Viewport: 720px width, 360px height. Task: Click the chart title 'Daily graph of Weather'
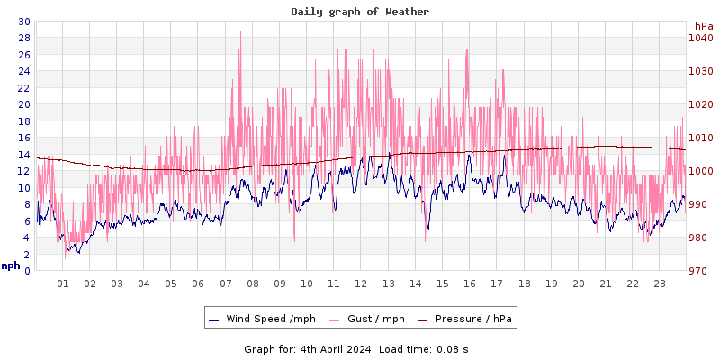coord(360,12)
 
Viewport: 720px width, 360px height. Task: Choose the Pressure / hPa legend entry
coord(472,319)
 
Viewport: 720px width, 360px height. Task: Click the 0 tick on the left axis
coord(26,271)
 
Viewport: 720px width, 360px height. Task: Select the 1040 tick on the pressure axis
coord(701,38)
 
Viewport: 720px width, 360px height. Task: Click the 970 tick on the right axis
coord(701,271)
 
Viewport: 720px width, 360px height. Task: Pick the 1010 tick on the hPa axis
coord(701,138)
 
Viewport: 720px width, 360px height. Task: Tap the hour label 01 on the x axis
coord(63,283)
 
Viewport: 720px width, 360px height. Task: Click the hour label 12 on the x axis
coord(361,283)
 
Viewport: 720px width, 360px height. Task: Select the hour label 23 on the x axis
coord(659,283)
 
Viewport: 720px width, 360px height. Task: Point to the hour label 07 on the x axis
coord(225,283)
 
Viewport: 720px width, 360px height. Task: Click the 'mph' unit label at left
coord(11,265)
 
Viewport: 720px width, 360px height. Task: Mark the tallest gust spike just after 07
coord(240,32)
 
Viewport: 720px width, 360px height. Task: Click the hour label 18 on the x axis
coord(524,283)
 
